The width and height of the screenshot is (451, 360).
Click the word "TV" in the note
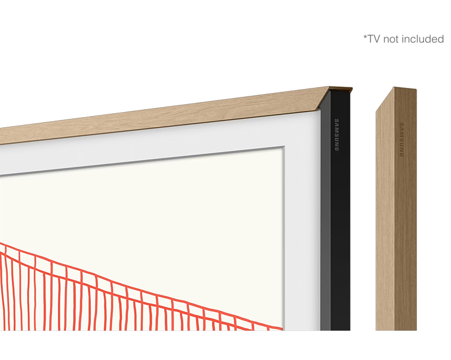pyautogui.click(x=374, y=39)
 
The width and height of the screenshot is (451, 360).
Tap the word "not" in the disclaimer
pyautogui.click(x=391, y=39)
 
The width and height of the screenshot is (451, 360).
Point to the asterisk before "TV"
pyautogui.click(x=365, y=37)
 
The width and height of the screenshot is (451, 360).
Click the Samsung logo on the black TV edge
pyautogui.click(x=337, y=135)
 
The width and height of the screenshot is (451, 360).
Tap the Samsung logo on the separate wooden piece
pyautogui.click(x=401, y=140)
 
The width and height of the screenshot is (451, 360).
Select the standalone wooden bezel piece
pyautogui.click(x=396, y=209)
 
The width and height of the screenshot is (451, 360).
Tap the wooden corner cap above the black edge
pyautogui.click(x=341, y=89)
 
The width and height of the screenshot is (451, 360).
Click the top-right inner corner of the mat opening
pyautogui.click(x=283, y=147)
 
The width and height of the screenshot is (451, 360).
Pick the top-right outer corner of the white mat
pyautogui.click(x=319, y=110)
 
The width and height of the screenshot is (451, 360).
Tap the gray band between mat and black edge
pyautogui.click(x=325, y=219)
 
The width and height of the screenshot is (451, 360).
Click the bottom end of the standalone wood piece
pyautogui.click(x=396, y=330)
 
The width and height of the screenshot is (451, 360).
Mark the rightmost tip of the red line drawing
pyautogui.click(x=283, y=328)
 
